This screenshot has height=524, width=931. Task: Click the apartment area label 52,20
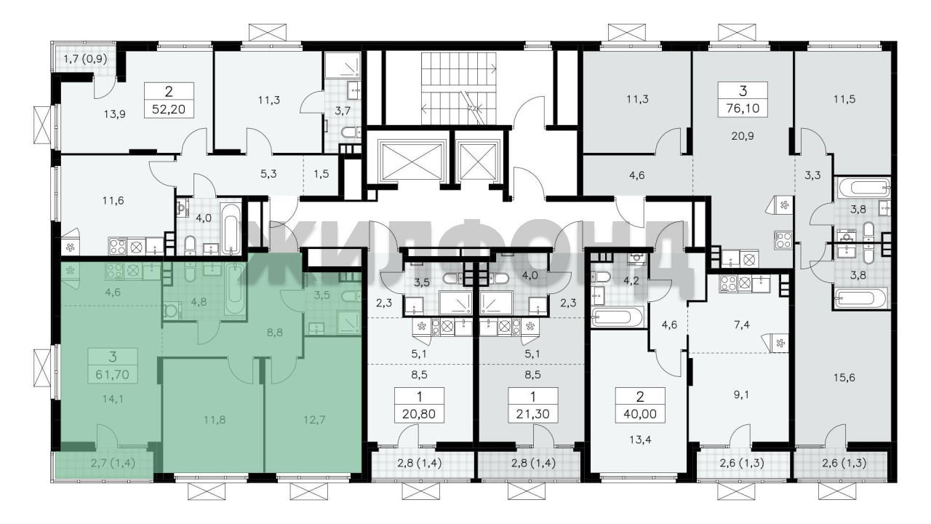[x=169, y=109]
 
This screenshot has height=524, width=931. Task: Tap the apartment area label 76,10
[x=743, y=108]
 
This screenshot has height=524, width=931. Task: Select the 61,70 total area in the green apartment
[x=112, y=375]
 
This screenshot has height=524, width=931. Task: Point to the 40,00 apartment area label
[x=639, y=414]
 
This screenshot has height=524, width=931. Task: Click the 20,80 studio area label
[x=419, y=414]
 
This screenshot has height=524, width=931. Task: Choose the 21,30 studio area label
[x=533, y=414]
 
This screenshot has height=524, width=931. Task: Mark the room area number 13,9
[x=114, y=114]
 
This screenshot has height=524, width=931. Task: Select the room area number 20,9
[x=743, y=136]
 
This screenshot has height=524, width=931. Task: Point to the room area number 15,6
[x=844, y=378]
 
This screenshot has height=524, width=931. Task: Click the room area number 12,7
[x=314, y=420]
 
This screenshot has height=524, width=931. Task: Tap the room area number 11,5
[x=844, y=100]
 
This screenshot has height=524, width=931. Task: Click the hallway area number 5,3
[x=268, y=174]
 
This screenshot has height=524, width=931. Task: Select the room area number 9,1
[x=741, y=394]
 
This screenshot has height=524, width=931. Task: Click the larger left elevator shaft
[x=412, y=162]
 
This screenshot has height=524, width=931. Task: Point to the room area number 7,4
[x=742, y=325]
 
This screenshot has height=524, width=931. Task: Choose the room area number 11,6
[x=113, y=201]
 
